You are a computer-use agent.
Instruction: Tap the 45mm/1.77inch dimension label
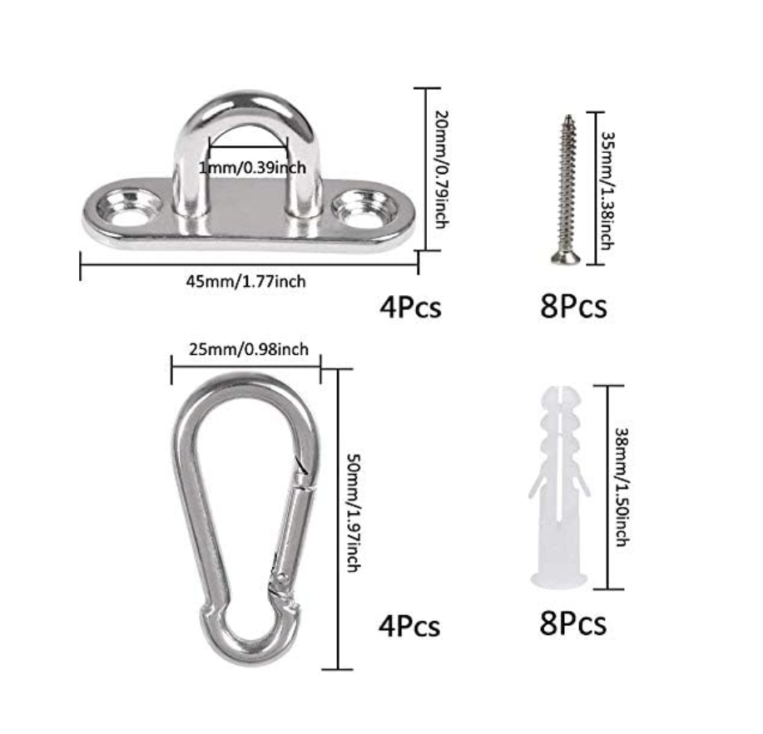(x=246, y=282)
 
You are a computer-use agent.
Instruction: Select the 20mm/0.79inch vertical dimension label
(x=441, y=169)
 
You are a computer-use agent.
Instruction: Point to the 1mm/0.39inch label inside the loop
(x=253, y=168)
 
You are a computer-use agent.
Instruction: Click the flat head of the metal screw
(x=566, y=257)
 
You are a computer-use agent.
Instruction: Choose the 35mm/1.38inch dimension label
(x=607, y=190)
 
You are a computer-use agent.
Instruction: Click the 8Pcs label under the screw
(x=573, y=306)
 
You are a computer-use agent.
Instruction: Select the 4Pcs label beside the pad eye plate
(x=410, y=307)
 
